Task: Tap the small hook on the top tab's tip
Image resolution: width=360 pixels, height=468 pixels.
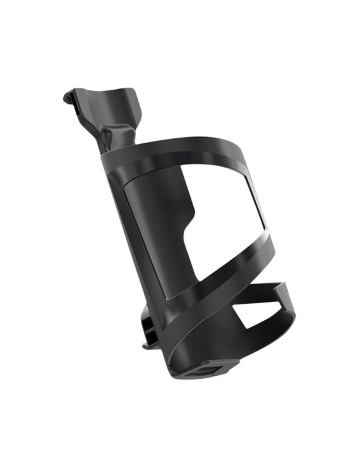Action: click(68, 97)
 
